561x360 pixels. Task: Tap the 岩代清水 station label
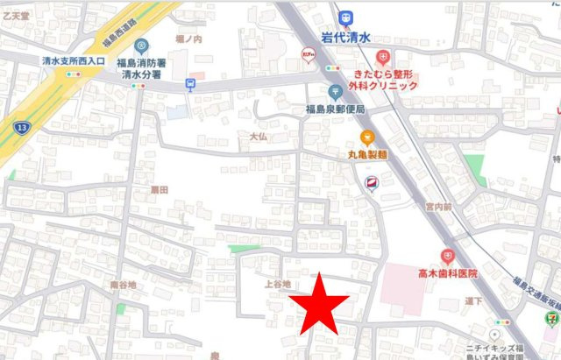point(348,37)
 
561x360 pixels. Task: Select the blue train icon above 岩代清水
point(348,16)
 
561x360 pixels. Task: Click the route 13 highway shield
point(18,129)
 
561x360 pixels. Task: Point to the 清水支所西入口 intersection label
point(73,61)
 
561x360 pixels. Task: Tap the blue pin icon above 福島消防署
point(142,46)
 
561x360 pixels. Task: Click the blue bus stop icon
point(190,84)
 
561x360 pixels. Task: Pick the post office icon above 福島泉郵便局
point(335,92)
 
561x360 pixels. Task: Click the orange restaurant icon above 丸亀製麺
point(367,138)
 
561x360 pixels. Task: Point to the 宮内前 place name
point(437,208)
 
